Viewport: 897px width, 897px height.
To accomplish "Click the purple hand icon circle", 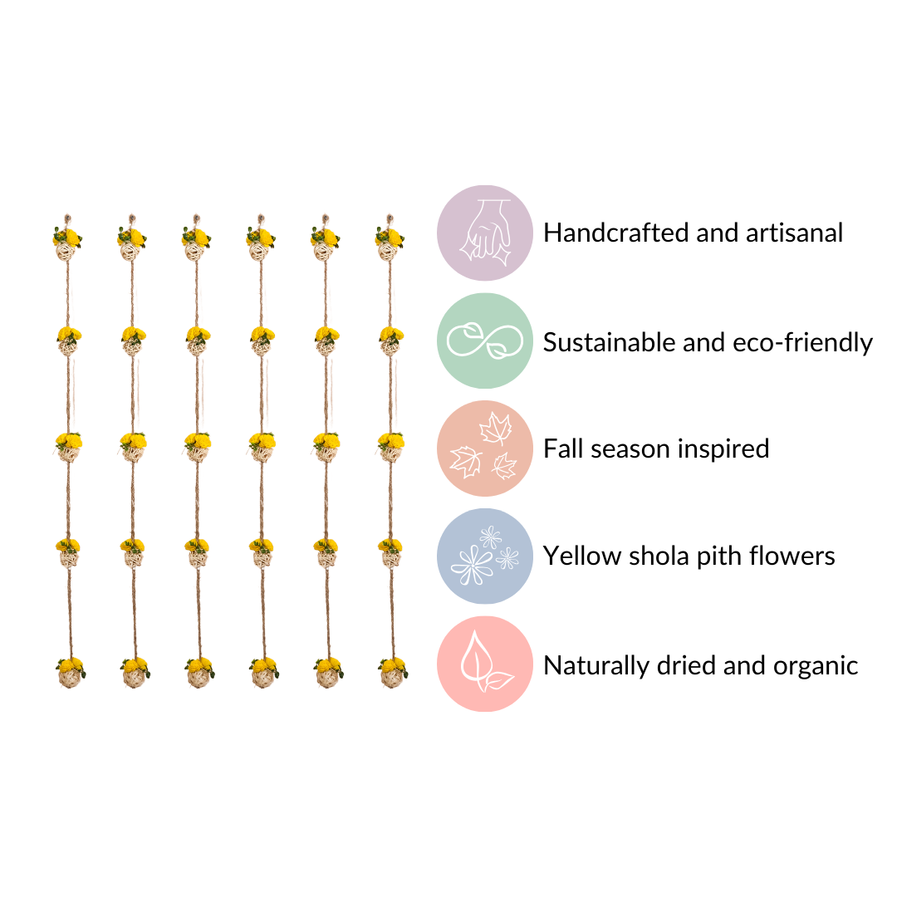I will pyautogui.click(x=485, y=233).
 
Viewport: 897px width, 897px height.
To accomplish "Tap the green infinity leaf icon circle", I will pyautogui.click(x=485, y=341).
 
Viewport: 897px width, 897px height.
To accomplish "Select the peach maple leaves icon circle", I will pyautogui.click(x=485, y=448).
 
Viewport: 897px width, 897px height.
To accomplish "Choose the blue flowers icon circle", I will pyautogui.click(x=485, y=556).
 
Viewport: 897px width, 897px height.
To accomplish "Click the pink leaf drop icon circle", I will pyautogui.click(x=485, y=664).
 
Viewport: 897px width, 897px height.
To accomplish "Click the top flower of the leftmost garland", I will pyautogui.click(x=68, y=239).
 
